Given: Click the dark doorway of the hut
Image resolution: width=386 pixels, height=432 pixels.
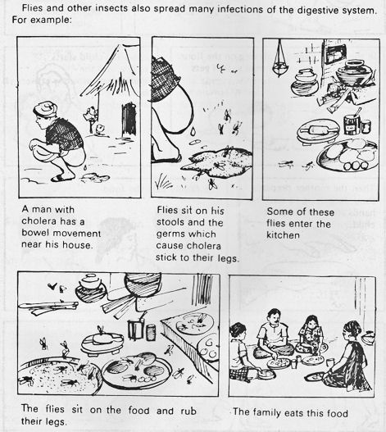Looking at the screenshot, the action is (129, 120).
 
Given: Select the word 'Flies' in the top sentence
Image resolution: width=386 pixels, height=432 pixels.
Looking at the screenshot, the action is (33, 7).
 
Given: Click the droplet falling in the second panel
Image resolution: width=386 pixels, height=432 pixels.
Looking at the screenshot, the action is (193, 131).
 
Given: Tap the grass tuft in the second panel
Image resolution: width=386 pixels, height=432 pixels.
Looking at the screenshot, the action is (162, 181).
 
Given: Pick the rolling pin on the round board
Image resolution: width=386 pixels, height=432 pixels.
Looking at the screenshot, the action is (319, 130).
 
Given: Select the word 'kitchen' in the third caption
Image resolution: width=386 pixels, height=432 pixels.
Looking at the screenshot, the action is (283, 235).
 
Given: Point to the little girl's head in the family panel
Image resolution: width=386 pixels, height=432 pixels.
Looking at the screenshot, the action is (312, 322).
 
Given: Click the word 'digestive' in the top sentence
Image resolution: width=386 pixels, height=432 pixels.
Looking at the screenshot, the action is (318, 10).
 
